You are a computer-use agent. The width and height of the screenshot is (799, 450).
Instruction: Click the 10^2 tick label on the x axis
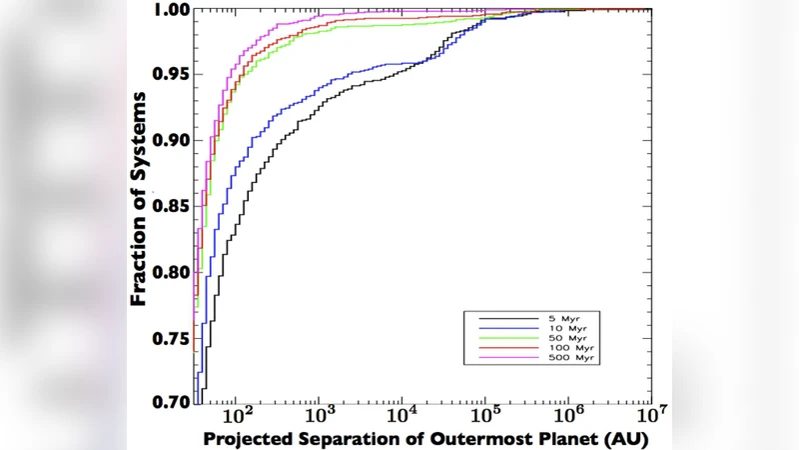[237, 415]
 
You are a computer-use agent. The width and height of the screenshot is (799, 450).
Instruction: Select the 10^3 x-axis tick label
[320, 415]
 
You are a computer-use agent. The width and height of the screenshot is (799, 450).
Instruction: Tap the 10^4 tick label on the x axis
[402, 415]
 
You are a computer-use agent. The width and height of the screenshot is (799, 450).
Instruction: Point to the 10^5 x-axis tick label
[485, 415]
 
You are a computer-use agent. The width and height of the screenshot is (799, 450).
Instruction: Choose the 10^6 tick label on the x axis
[568, 415]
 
